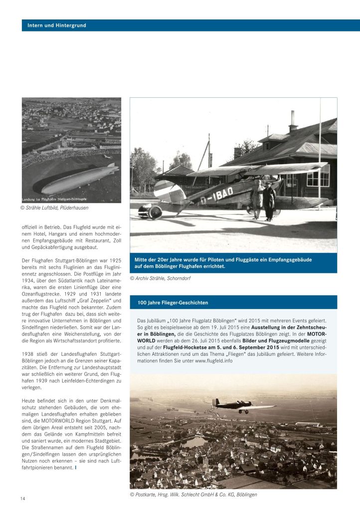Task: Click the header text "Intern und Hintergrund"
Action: pyautogui.click(x=57, y=25)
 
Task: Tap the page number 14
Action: pyautogui.click(x=23, y=499)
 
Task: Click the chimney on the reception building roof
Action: pyautogui.click(x=293, y=121)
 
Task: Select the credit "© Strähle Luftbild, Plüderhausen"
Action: pyautogui.click(x=58, y=208)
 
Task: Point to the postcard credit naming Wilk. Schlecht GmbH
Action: pyautogui.click(x=193, y=494)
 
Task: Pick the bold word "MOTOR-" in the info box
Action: pyautogui.click(x=317, y=333)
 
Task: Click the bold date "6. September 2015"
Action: pyautogui.click(x=260, y=347)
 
